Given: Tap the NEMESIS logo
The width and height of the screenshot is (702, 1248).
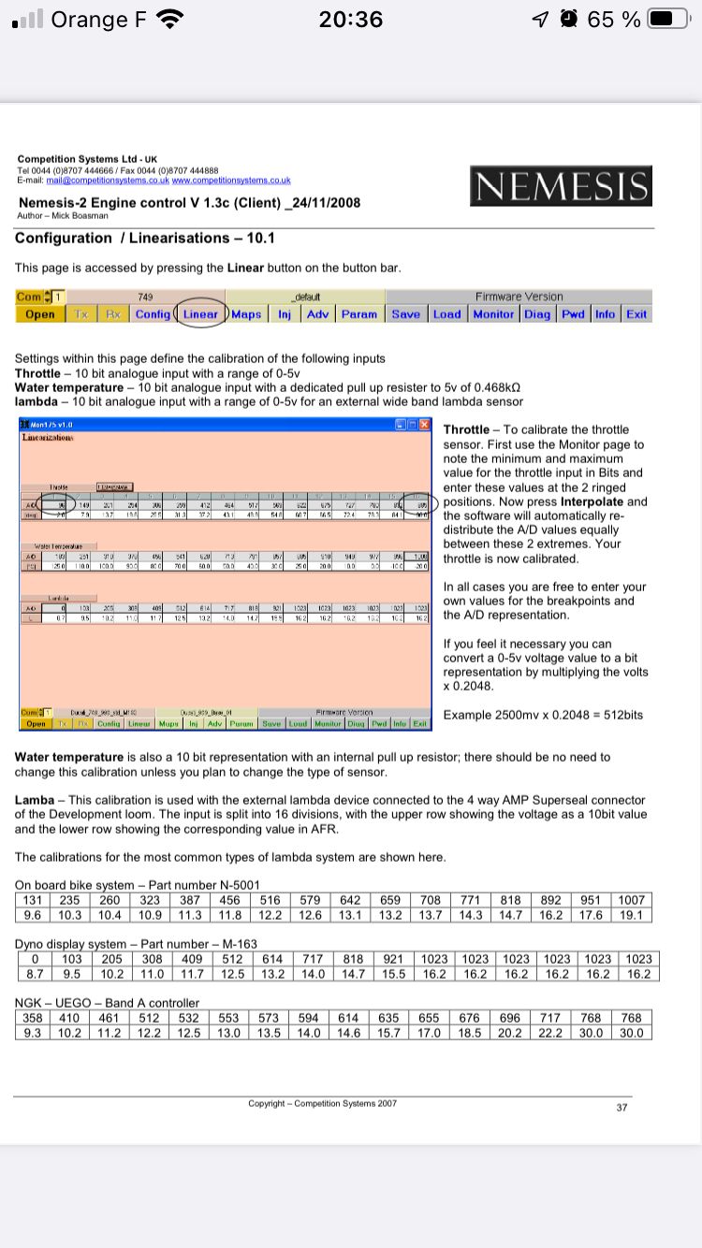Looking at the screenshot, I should pyautogui.click(x=561, y=186).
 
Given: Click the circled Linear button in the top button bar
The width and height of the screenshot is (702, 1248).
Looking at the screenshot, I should pyautogui.click(x=200, y=314).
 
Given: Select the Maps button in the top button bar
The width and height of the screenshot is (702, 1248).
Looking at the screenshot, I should pyautogui.click(x=246, y=314).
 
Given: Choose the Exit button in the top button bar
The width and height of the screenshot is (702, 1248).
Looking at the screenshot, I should pyautogui.click(x=636, y=314).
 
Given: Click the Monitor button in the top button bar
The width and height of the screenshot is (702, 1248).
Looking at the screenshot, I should pyautogui.click(x=493, y=314).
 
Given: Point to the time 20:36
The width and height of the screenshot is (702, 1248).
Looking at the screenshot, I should pyautogui.click(x=351, y=19).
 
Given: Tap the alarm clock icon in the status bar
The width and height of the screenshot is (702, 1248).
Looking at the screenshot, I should pyautogui.click(x=568, y=19).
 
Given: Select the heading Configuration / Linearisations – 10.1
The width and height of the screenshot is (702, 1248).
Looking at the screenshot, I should pyautogui.click(x=145, y=238).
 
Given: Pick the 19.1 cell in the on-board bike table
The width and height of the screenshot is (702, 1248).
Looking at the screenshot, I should pyautogui.click(x=631, y=915).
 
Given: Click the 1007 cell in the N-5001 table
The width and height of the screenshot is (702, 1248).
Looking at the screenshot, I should pyautogui.click(x=631, y=900).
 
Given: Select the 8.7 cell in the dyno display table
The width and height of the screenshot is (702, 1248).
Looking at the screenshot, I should pyautogui.click(x=35, y=974).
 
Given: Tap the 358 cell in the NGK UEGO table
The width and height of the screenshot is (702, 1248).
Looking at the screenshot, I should pyautogui.click(x=35, y=1018).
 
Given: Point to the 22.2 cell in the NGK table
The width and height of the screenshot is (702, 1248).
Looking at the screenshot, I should pyautogui.click(x=549, y=1033).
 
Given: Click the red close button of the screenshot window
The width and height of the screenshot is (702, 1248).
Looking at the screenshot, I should pyautogui.click(x=424, y=424).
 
